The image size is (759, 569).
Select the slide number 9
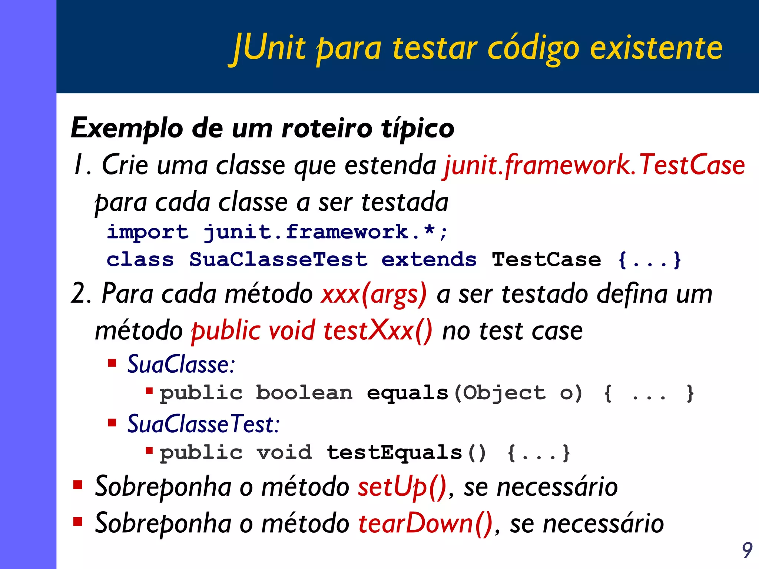(x=747, y=550)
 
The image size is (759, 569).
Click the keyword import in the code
(x=148, y=233)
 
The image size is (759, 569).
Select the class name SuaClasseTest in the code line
(x=278, y=259)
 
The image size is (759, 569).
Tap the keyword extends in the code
(x=429, y=259)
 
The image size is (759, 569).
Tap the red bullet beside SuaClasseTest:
(x=112, y=422)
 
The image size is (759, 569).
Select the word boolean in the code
(x=304, y=393)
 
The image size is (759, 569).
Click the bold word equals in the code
(x=407, y=393)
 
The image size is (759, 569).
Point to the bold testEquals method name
(x=394, y=453)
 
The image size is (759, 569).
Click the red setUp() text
(x=402, y=487)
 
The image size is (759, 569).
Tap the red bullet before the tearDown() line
(x=78, y=522)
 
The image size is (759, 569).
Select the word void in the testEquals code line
(x=284, y=453)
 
